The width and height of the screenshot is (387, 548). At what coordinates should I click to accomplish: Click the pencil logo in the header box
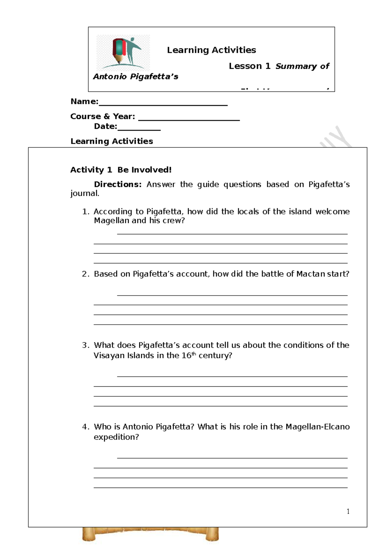coord(123,53)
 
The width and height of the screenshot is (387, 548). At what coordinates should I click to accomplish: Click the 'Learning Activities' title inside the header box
coord(211,50)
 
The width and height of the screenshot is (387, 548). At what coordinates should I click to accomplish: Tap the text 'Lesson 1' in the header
coord(249,66)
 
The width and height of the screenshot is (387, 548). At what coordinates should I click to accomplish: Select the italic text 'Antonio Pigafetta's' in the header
coord(135,77)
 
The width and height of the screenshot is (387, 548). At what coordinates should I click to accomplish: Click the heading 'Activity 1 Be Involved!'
coord(121,170)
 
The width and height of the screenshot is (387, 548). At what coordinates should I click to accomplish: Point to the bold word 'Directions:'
coord(118,184)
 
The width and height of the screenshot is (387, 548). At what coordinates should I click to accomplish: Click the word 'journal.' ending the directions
coord(85,193)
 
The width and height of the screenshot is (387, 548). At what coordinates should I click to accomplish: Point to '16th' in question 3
coord(189,355)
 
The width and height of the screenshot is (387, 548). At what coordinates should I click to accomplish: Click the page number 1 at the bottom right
coord(348,511)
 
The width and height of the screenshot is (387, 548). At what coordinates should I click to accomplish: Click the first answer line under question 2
coord(232,295)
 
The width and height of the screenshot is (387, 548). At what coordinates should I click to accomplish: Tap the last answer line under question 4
coord(221,487)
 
